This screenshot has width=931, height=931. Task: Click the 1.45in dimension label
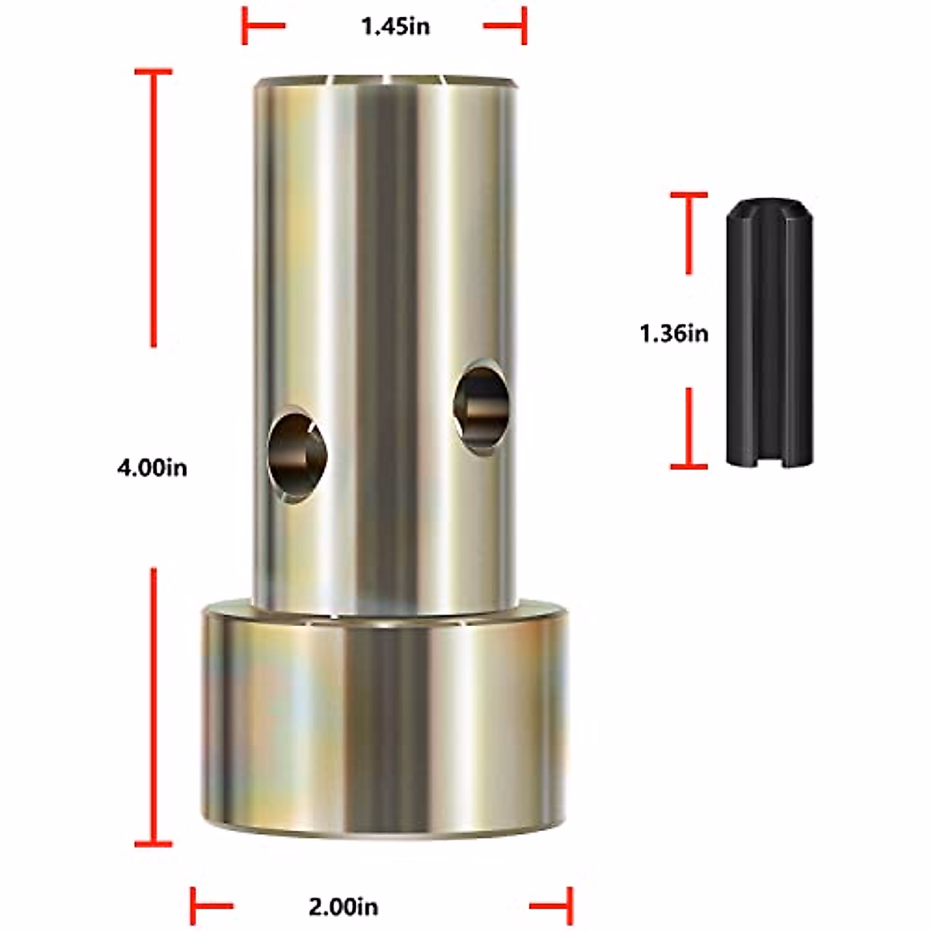395,26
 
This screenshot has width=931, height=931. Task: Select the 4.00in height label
152,469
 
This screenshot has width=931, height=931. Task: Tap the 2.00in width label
344,906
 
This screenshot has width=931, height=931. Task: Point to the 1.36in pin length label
673,334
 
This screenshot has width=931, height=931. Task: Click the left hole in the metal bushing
298,454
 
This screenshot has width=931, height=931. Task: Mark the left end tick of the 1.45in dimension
245,26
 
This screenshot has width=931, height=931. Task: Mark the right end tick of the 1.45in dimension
524,26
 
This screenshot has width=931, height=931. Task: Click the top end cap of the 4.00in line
154,72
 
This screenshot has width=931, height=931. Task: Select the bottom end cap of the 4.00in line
154,843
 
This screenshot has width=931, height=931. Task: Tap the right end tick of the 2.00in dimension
570,906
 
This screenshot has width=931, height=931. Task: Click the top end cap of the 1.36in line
689,196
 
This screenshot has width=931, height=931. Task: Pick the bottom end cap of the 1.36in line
689,466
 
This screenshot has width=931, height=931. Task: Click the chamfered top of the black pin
768,209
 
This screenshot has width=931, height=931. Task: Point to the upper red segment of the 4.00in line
154,209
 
